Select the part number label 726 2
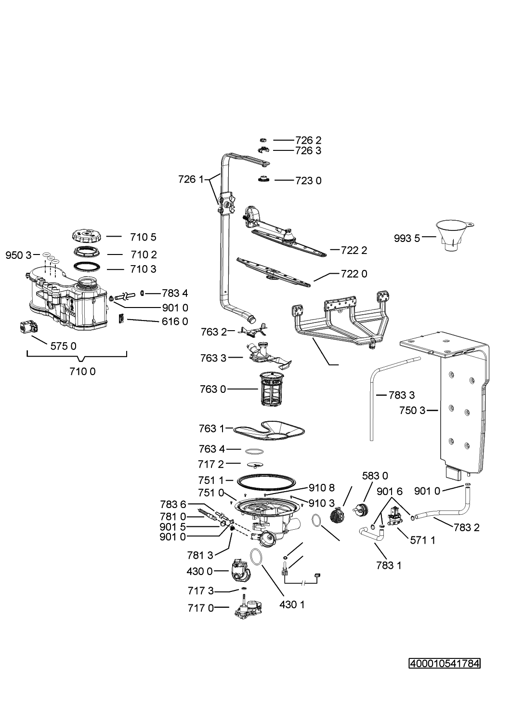[x=308, y=140]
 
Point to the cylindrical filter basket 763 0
[x=271, y=389]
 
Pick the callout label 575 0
[x=64, y=347]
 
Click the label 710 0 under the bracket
[x=82, y=372]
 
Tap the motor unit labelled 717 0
[x=248, y=608]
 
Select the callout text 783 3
[x=402, y=395]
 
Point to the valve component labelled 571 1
[x=395, y=516]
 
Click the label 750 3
[x=412, y=410]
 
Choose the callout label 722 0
[x=354, y=274]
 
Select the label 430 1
[x=292, y=604]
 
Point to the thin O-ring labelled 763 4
[x=254, y=451]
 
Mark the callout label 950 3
[x=18, y=255]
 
